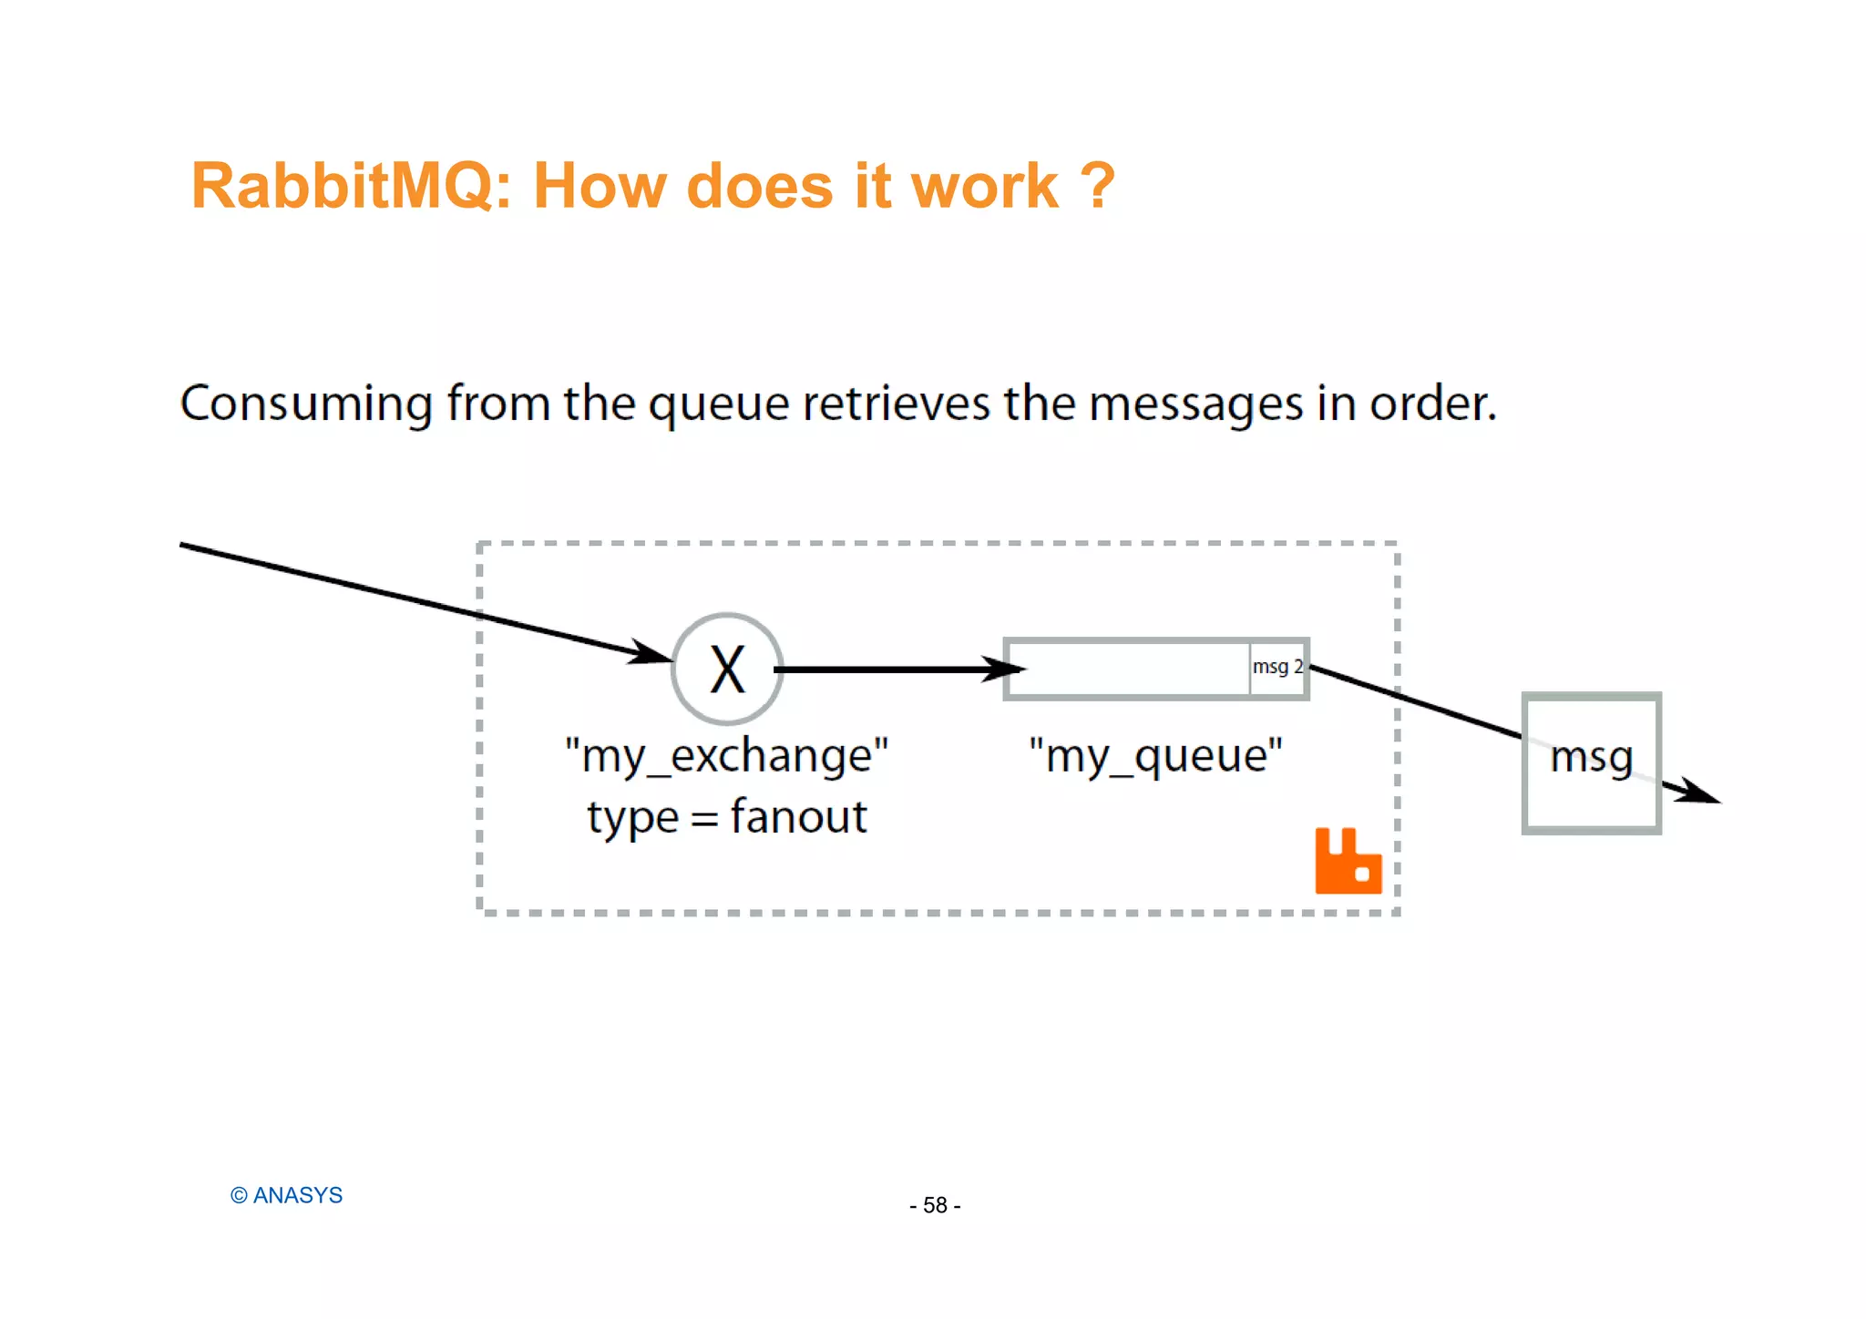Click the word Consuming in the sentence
tap(306, 404)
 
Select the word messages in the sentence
tap(1196, 404)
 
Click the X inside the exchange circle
tap(727, 670)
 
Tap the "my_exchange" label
tap(726, 756)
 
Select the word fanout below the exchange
tap(798, 816)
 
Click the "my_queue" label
tap(1155, 756)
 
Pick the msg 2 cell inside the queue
tap(1277, 668)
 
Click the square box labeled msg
tap(1592, 763)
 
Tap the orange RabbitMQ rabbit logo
tap(1348, 862)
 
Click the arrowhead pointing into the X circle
tap(652, 653)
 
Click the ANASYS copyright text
tap(286, 1195)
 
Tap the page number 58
tap(935, 1205)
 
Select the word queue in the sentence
tap(719, 404)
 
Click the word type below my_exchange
tap(632, 816)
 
